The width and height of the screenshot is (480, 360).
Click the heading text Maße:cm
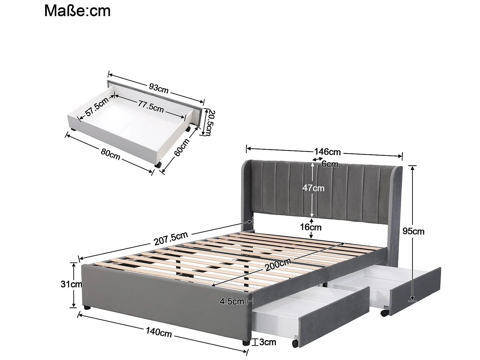pos(77,11)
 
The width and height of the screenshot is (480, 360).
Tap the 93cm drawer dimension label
pos(158,88)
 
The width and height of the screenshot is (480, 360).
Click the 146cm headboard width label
pos(327,151)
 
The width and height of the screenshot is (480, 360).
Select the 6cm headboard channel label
pos(330,164)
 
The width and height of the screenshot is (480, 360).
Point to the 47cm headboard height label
pos(314,188)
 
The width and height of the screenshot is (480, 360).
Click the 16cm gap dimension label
pos(311,227)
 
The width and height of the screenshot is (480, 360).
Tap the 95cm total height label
pos(413,231)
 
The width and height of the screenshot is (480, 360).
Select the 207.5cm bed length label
pos(171,238)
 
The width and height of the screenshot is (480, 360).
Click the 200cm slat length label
pos(278,265)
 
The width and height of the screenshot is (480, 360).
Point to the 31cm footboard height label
pos(72,284)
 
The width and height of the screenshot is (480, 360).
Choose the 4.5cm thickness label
pos(232,301)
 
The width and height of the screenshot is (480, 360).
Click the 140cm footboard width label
pos(159,333)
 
